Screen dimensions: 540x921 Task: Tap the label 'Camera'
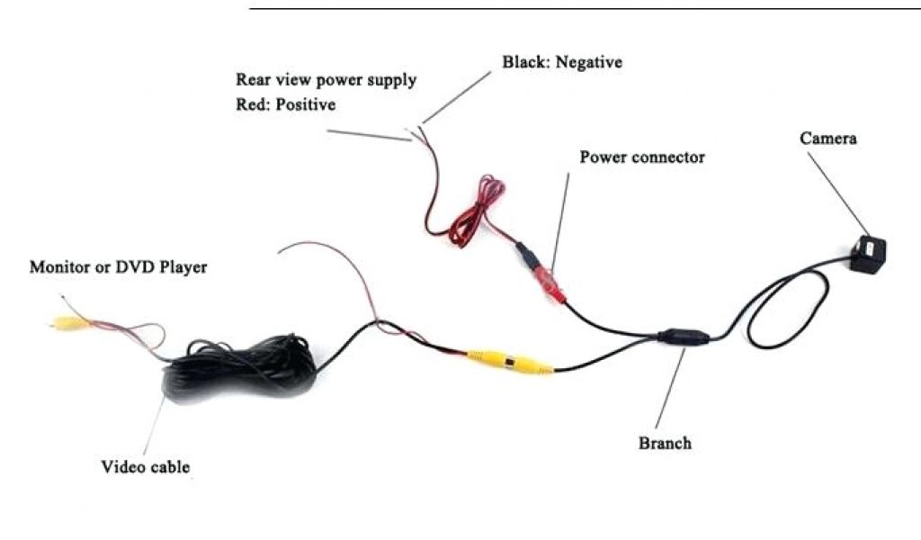pyautogui.click(x=828, y=139)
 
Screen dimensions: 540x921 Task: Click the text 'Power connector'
pyautogui.click(x=641, y=157)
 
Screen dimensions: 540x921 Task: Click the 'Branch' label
pyautogui.click(x=665, y=443)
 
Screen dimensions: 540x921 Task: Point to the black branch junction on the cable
pyautogui.click(x=684, y=338)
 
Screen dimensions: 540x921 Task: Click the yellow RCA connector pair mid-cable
pyautogui.click(x=509, y=362)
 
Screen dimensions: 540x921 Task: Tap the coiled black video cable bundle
pyautogui.click(x=241, y=368)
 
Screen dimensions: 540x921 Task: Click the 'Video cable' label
pyautogui.click(x=146, y=467)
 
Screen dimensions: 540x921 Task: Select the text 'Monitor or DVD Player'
pyautogui.click(x=119, y=267)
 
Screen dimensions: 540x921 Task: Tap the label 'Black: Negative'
pyautogui.click(x=562, y=63)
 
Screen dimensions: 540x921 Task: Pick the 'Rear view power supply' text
pyautogui.click(x=326, y=80)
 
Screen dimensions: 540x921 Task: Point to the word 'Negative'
pyautogui.click(x=589, y=63)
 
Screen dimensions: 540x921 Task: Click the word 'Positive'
pyautogui.click(x=306, y=105)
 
